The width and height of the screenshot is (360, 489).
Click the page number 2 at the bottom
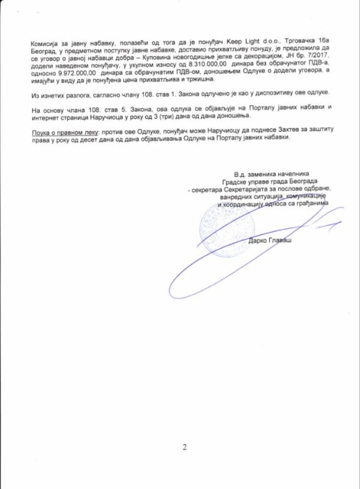(x=185, y=448)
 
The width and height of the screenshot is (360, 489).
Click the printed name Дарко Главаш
(x=270, y=240)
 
